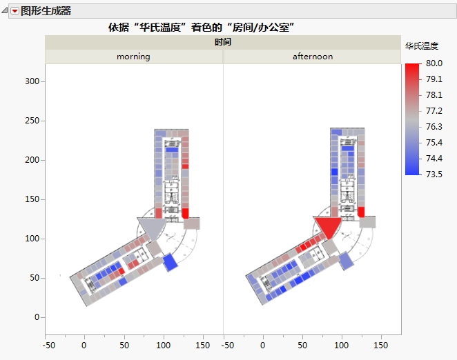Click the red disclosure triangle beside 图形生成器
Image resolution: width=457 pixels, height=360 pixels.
click(x=14, y=11)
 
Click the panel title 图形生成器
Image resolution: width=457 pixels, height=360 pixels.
click(x=46, y=11)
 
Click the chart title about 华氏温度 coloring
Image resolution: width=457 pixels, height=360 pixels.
click(x=202, y=27)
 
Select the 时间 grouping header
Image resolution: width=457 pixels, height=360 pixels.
click(x=222, y=42)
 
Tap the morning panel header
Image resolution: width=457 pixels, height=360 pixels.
click(x=133, y=57)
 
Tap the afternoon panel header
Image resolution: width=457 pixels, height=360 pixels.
click(x=312, y=57)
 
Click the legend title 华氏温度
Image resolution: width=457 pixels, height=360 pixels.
click(x=421, y=46)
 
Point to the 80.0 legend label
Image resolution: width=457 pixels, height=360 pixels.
click(x=434, y=63)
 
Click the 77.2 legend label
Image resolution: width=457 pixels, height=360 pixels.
click(x=434, y=111)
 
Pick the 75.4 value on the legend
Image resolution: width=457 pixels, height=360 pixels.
click(x=434, y=143)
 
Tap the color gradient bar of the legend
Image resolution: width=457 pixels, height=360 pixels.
click(x=411, y=119)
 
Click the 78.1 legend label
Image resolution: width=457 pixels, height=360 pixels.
click(x=434, y=95)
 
